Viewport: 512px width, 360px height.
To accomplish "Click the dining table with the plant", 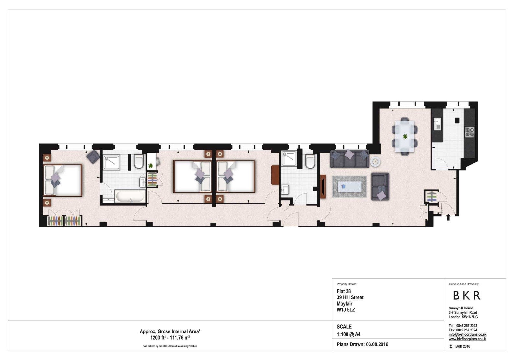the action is (405, 136).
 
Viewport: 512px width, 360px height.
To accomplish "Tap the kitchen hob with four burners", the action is (470, 132).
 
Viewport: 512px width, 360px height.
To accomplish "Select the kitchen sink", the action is (437, 124).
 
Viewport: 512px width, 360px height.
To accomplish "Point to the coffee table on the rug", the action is (349, 186).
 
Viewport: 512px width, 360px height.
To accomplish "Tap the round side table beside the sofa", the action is (375, 161).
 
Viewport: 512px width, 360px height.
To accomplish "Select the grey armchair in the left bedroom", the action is (93, 157).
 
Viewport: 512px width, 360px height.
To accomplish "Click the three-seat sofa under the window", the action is (349, 159).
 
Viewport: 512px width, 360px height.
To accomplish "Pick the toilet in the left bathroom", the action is (139, 161).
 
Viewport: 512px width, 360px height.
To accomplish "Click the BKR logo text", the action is (467, 296).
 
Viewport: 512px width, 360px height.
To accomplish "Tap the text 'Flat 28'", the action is (344, 291).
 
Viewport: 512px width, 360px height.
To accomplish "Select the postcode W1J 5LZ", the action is (346, 310).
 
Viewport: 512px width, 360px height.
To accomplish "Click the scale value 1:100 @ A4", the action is (348, 334).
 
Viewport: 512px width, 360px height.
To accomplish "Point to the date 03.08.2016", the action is (377, 344).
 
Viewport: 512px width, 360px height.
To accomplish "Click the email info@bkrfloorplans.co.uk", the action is (467, 334).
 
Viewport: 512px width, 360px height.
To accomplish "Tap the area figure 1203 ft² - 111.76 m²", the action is (170, 338).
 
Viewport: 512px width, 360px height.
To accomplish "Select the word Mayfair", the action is (345, 304).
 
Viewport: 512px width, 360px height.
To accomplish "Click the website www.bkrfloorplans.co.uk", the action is (467, 339).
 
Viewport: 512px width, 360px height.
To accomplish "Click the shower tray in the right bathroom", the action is (289, 158).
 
